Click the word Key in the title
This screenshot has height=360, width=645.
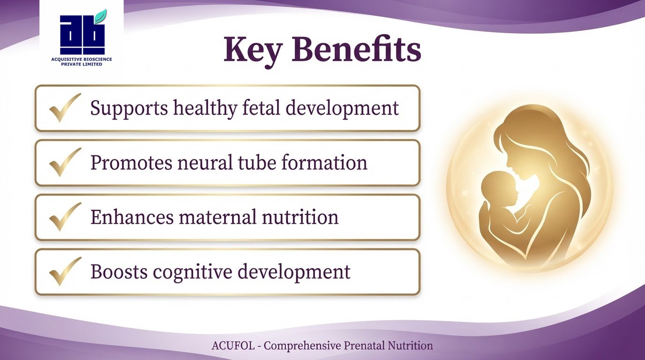(252, 51)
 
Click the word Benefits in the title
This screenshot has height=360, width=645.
(356, 49)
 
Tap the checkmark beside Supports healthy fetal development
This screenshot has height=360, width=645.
(65, 107)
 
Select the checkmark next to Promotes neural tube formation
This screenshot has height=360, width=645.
(65, 162)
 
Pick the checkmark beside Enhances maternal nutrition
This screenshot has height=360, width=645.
(65, 217)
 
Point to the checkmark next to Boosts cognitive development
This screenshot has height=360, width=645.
(65, 271)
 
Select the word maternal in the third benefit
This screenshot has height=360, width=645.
(217, 217)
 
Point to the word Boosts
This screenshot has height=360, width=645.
(119, 271)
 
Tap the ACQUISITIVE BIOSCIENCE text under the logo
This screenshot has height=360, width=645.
(82, 60)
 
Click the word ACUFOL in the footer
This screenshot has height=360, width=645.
(233, 345)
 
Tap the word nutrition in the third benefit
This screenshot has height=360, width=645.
(300, 217)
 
